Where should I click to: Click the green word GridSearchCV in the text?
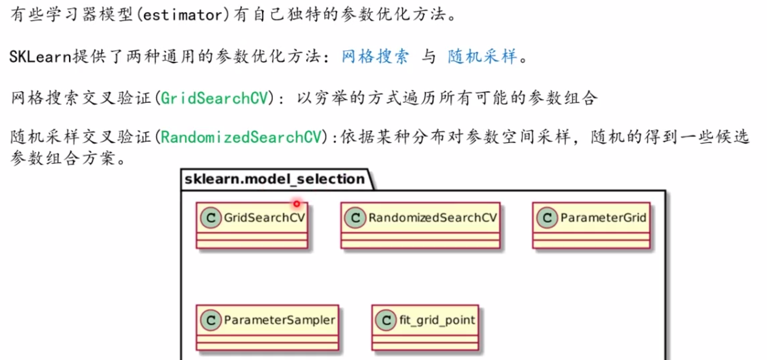pos(214,98)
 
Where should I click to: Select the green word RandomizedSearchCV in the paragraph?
pos(241,137)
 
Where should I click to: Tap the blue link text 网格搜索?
pos(375,56)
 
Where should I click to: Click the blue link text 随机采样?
pos(482,56)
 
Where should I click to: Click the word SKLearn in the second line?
pos(40,57)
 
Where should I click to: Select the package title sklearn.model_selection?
pos(274,179)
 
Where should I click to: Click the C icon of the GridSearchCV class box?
pos(211,218)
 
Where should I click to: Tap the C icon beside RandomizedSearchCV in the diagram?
pos(356,218)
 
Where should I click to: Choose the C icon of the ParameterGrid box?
pos(547,218)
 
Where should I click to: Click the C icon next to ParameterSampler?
pos(211,320)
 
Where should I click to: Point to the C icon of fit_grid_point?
pos(386,320)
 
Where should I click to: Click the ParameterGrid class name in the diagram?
pos(603,218)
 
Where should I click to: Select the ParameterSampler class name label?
pos(279,320)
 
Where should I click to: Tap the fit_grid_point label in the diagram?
pos(437,320)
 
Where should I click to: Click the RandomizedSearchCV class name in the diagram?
pos(432,218)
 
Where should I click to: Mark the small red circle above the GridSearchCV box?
pos(297,204)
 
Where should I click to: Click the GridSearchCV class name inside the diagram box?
pos(264,218)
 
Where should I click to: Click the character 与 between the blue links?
pos(428,56)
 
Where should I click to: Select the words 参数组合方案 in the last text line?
pos(63,158)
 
